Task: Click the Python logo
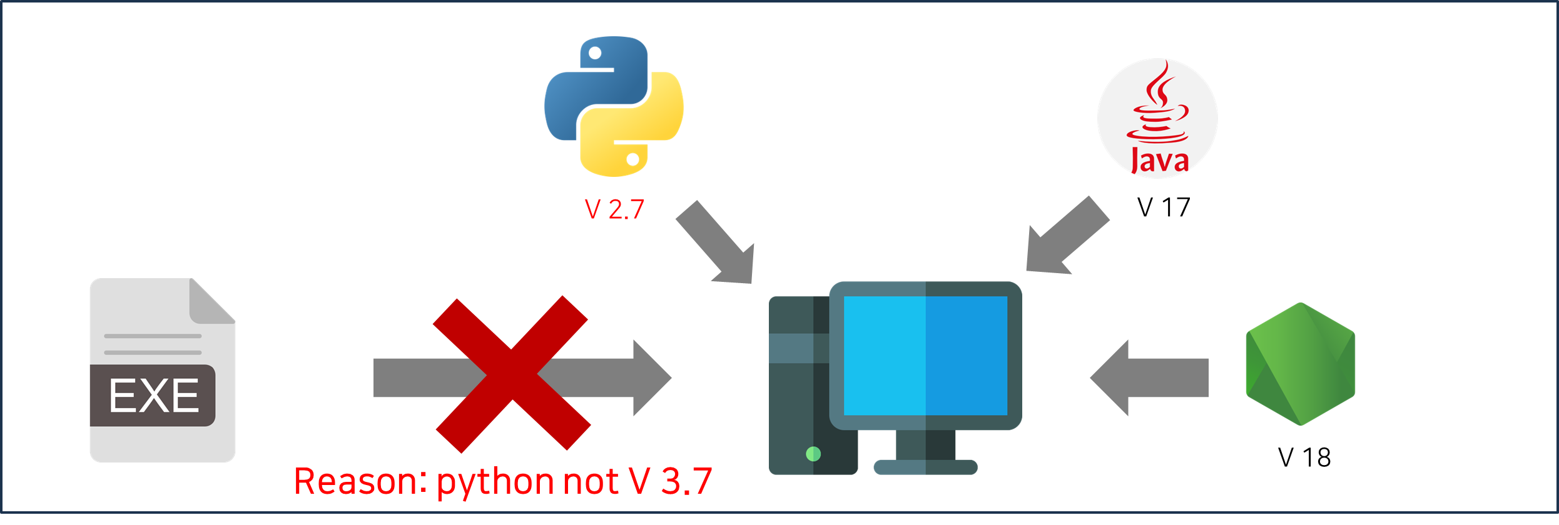coord(614,106)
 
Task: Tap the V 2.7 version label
coord(614,210)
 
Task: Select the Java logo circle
coord(1157,118)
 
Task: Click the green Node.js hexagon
coord(1300,364)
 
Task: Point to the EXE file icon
coord(162,370)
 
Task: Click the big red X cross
coord(512,374)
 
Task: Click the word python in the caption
coord(494,482)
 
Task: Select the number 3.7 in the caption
coord(686,481)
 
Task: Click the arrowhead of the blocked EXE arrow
coord(651,377)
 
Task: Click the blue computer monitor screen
coord(925,356)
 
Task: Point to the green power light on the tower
coord(813,454)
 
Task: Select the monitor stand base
coord(925,467)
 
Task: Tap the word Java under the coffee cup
coord(1159,161)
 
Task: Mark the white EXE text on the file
coord(154,396)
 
